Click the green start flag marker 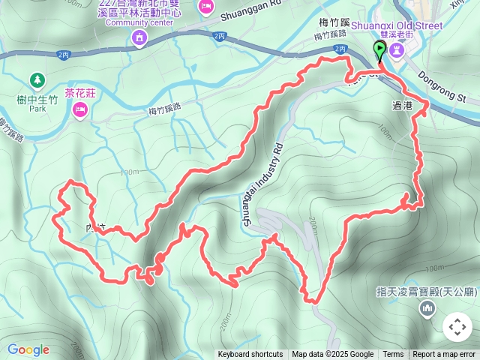click(x=380, y=51)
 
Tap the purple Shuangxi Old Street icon click(x=398, y=49)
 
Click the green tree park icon click(x=36, y=79)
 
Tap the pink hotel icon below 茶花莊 click(x=80, y=111)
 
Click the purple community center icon click(x=139, y=37)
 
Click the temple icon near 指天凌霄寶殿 click(x=428, y=307)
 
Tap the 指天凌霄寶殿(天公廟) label click(x=423, y=292)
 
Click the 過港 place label click(x=402, y=106)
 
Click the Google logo click(x=28, y=349)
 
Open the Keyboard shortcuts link click(x=250, y=355)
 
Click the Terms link click(x=393, y=355)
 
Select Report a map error click(x=444, y=355)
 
